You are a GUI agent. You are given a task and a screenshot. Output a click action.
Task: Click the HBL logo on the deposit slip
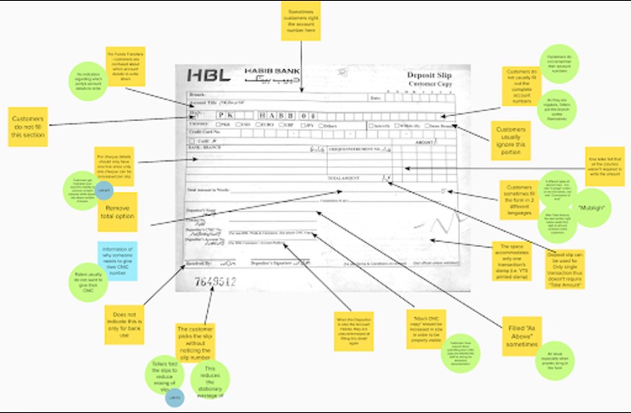(208, 75)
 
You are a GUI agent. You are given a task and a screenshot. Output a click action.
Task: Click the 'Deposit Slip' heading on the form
(428, 75)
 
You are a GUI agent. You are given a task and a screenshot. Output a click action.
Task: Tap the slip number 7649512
(216, 283)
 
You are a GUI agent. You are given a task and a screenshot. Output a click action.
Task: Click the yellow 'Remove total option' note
(117, 211)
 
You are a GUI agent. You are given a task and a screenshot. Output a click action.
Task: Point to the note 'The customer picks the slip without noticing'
(195, 343)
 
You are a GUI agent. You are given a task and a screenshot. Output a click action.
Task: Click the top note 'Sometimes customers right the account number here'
(301, 21)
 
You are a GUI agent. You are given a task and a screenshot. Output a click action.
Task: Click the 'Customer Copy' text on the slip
(429, 85)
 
